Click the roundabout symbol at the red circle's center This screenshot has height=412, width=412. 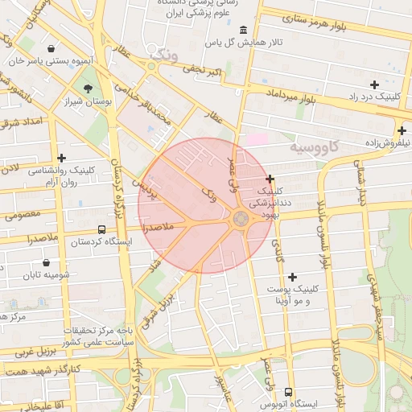[241, 218]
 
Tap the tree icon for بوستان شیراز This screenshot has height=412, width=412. [87, 89]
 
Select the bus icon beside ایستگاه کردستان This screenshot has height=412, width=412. [100, 229]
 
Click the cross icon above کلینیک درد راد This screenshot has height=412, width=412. [374, 84]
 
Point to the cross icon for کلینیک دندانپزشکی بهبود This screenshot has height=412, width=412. [270, 179]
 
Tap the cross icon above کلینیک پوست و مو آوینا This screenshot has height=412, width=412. [292, 276]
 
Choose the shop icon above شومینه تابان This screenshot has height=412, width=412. [46, 262]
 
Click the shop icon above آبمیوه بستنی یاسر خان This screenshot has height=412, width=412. [52, 48]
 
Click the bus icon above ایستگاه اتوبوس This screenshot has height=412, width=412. [288, 391]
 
